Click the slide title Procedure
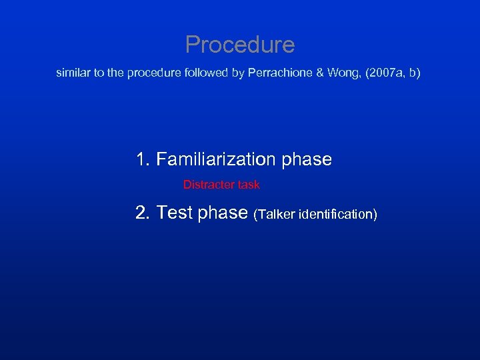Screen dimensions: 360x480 [239, 45]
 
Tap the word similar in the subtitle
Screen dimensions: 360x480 [73, 73]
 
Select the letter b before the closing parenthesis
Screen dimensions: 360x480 [413, 73]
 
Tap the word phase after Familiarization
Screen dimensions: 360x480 [307, 160]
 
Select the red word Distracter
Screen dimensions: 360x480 [209, 185]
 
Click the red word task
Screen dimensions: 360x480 [249, 185]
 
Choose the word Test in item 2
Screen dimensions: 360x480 [175, 213]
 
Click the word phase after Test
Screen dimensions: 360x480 [223, 213]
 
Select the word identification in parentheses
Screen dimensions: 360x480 [338, 214]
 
